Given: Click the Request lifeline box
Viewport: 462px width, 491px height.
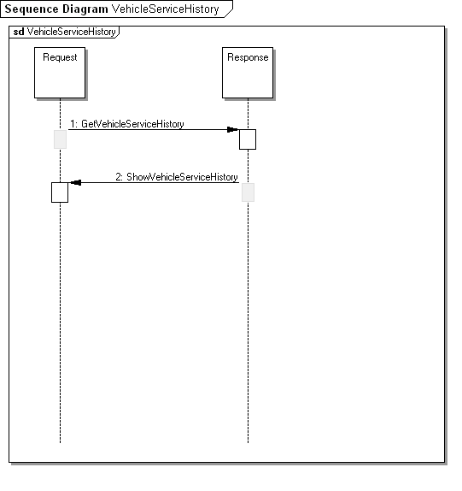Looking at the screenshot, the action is [60, 73].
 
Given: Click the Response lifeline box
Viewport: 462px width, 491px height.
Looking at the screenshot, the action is [248, 73].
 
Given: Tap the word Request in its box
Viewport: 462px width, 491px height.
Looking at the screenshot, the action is [60, 57].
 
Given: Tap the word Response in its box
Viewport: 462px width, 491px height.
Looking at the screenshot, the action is [248, 57].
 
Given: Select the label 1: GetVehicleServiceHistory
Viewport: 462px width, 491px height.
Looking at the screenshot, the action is [127, 124].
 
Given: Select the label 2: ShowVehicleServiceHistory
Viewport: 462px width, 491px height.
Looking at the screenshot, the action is [177, 177].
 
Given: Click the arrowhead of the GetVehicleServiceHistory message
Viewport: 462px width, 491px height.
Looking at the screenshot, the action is [232, 129].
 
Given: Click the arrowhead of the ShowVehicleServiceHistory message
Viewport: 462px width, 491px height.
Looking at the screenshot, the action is [76, 182].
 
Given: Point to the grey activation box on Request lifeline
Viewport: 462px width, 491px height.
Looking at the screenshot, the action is [60, 139].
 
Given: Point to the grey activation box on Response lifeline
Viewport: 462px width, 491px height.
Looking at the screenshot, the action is [248, 192].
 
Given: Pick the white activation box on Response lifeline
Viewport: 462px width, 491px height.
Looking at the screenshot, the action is [248, 139].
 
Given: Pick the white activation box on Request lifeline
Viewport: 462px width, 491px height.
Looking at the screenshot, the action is [60, 192].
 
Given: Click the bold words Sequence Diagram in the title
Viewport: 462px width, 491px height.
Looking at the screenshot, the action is [56, 9].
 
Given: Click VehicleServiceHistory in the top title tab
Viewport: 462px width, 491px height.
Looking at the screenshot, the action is [166, 9].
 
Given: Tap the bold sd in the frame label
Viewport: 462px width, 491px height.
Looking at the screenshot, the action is [19, 32].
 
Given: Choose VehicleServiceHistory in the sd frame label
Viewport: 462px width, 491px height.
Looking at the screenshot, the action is [71, 32].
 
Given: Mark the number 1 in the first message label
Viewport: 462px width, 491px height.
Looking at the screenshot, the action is [73, 124].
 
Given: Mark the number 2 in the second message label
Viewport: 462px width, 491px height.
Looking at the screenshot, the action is [119, 177].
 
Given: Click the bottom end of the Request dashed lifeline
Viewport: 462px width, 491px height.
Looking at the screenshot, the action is [60, 442].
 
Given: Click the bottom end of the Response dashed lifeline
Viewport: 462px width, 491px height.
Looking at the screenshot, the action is [248, 442].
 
